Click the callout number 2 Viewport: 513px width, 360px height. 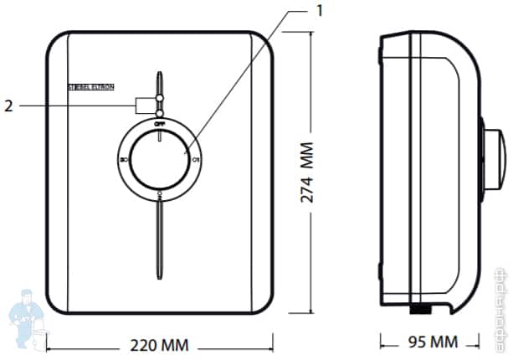pyautogui.click(x=9, y=105)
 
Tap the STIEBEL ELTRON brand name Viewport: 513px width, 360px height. pyautogui.click(x=90, y=86)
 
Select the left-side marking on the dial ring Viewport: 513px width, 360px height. pyautogui.click(x=124, y=158)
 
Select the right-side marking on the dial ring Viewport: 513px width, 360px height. pyautogui.click(x=194, y=158)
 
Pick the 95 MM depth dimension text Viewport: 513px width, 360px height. pyautogui.click(x=432, y=342)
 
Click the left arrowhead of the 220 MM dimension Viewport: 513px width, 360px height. pyautogui.click(x=49, y=343)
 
